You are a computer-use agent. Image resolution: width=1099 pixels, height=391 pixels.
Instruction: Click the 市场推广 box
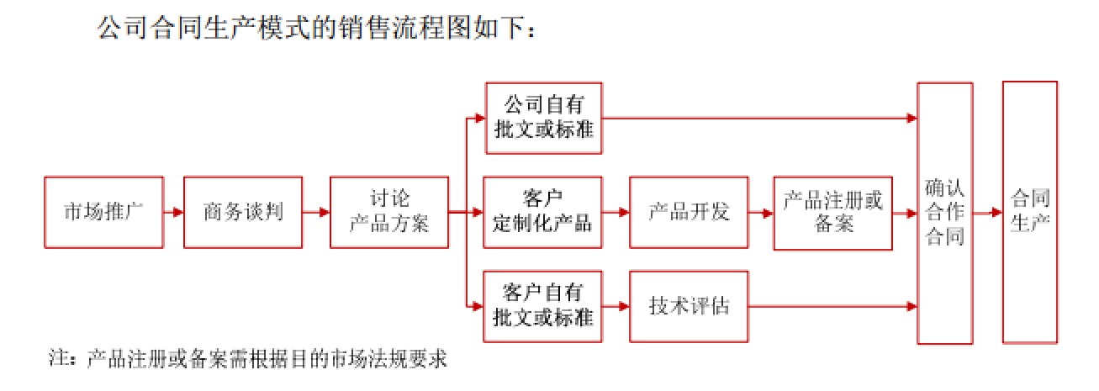[x=103, y=212]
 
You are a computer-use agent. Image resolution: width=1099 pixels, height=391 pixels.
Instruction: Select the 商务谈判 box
[x=243, y=212]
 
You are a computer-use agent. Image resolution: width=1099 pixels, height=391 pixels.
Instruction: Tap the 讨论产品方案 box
[x=389, y=212]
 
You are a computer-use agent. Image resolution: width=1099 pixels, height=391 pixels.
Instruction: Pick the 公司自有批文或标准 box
[x=544, y=118]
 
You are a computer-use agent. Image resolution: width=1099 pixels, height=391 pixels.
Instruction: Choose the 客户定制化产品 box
[x=542, y=212]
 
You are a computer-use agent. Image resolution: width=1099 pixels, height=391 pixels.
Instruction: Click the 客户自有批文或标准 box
[x=542, y=306]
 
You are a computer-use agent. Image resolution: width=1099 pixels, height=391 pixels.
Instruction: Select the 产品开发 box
[x=689, y=212]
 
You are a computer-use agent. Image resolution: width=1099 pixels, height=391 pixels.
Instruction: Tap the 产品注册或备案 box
[x=832, y=212]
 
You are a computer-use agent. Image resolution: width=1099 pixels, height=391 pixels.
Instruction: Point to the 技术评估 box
[x=689, y=306]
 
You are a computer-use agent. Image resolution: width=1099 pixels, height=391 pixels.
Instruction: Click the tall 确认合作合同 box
[x=944, y=212]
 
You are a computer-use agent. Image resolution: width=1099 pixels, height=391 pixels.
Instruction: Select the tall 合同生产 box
[x=1030, y=212]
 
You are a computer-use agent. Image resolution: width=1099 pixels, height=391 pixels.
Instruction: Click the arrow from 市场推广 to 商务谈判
[x=173, y=212]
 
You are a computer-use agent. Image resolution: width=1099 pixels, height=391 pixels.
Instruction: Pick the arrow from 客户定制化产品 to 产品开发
[x=616, y=212]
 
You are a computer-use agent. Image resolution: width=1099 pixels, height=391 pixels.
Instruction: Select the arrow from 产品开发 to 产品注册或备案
[x=761, y=212]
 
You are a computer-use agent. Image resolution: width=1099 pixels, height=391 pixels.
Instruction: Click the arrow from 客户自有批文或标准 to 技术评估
[x=616, y=306]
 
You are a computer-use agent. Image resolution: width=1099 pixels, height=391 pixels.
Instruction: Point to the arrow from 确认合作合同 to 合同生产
[x=987, y=212]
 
